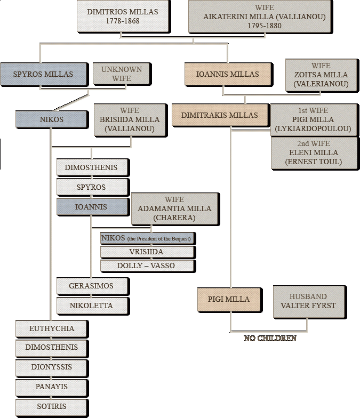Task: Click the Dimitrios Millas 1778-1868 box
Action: click(x=123, y=16)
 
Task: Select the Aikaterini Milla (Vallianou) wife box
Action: click(x=260, y=16)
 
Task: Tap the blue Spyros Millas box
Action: click(x=44, y=74)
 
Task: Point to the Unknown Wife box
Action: click(x=122, y=74)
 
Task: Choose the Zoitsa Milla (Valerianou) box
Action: click(x=321, y=75)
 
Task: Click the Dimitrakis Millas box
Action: click(x=220, y=115)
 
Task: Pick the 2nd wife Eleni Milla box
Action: click(x=314, y=152)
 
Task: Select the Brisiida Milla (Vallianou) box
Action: click(x=130, y=120)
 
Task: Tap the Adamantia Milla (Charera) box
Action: click(x=175, y=209)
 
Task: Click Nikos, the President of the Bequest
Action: click(x=147, y=238)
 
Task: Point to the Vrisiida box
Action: click(x=147, y=252)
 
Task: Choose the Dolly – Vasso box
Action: click(x=147, y=266)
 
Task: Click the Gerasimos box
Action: click(x=92, y=286)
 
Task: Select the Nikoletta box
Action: click(x=92, y=306)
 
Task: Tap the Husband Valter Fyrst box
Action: click(x=309, y=302)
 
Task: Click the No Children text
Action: click(x=270, y=338)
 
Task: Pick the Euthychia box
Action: click(x=51, y=328)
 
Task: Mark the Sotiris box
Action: click(x=51, y=406)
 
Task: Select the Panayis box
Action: click(x=51, y=387)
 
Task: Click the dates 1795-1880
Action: click(x=265, y=26)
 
